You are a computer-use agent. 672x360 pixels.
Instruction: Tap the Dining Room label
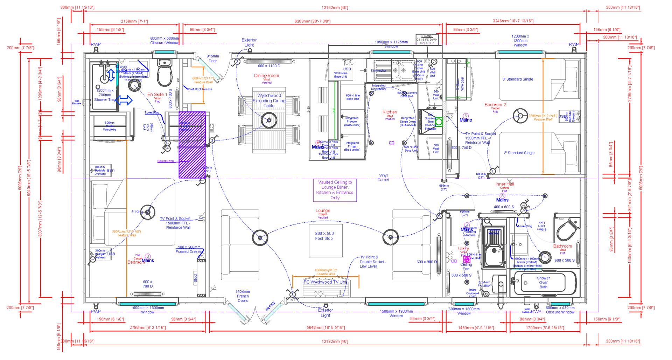pos(266,76)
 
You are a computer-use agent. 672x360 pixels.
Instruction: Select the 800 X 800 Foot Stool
pos(324,236)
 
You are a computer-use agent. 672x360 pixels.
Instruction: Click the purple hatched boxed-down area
pos(192,145)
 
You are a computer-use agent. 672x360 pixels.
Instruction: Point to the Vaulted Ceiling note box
pos(335,190)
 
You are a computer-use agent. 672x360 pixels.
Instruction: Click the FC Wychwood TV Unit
pos(325,282)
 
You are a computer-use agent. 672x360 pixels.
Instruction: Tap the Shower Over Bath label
pos(543,283)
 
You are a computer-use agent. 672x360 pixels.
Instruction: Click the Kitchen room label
pos(390,112)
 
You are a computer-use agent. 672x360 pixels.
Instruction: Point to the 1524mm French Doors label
pos(243,296)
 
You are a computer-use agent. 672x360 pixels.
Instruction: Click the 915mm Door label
pos(213,58)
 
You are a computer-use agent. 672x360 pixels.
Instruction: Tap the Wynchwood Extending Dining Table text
pos(269,101)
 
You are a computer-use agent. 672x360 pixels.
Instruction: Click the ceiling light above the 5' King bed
pos(148,212)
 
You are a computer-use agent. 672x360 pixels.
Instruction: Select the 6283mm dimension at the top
pos(312,21)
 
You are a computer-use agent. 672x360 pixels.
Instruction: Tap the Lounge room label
pos(323,211)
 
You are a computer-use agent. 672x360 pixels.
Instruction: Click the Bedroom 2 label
pos(495,105)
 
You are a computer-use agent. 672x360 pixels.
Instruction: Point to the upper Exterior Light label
pos(249,42)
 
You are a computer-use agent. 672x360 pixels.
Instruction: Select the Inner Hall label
pos(505,184)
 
